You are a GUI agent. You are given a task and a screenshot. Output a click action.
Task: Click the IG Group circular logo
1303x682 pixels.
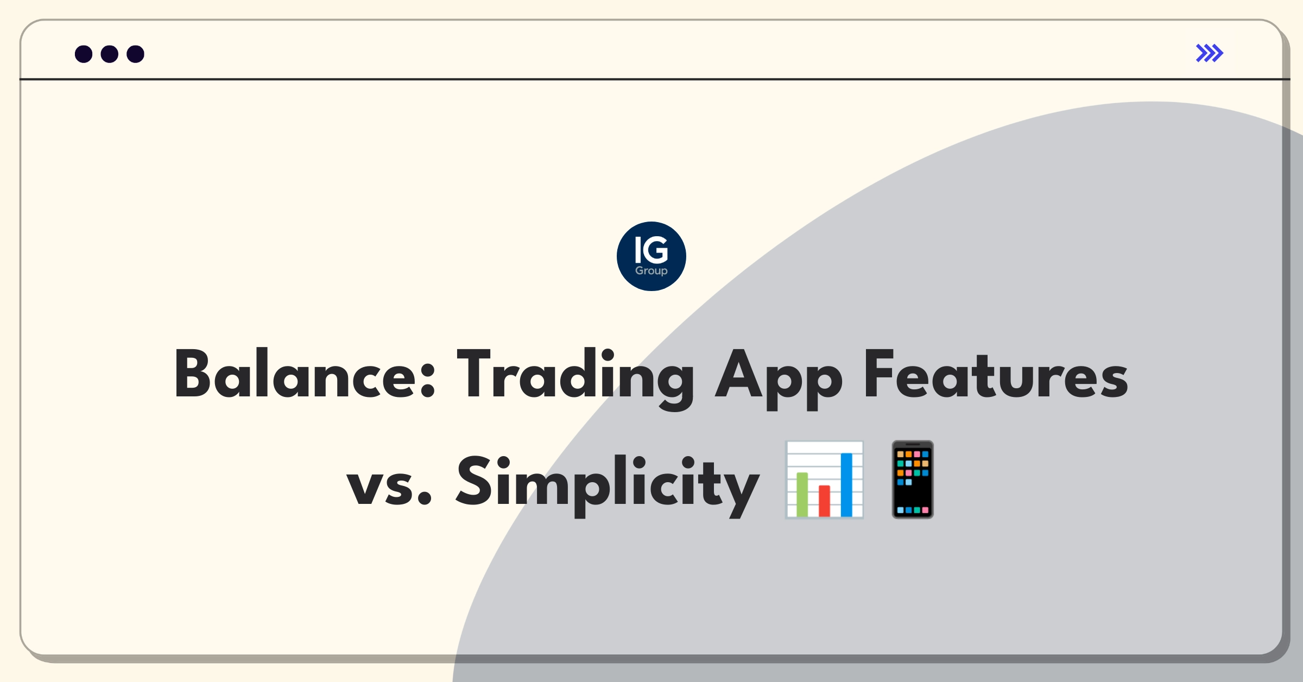tap(651, 256)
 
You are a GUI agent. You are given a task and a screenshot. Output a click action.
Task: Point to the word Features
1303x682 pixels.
tap(996, 374)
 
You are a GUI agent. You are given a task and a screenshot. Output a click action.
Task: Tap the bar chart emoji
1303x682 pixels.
tap(824, 479)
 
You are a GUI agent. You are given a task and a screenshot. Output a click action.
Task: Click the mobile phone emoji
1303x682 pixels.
tap(913, 479)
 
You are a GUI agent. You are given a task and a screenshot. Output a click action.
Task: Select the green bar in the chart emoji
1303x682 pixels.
tap(802, 494)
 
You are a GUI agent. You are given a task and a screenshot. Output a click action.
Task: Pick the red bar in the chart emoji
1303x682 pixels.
tap(824, 501)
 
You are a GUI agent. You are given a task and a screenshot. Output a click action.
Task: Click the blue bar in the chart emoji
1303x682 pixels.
tap(846, 485)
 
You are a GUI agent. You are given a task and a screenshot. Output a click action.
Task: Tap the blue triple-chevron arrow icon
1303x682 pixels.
tap(1210, 53)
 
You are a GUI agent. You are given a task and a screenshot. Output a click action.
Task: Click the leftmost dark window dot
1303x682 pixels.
tap(84, 54)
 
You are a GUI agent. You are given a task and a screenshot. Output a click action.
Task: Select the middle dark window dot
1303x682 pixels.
tap(110, 54)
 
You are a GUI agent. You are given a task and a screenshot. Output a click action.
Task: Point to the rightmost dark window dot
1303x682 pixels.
tap(136, 54)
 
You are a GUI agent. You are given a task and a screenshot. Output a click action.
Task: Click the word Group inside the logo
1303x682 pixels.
tap(651, 270)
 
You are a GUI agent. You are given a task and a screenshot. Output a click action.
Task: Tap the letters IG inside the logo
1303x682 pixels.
tap(651, 250)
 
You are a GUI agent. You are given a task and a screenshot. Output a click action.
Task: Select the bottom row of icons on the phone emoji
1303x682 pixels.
tap(913, 510)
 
